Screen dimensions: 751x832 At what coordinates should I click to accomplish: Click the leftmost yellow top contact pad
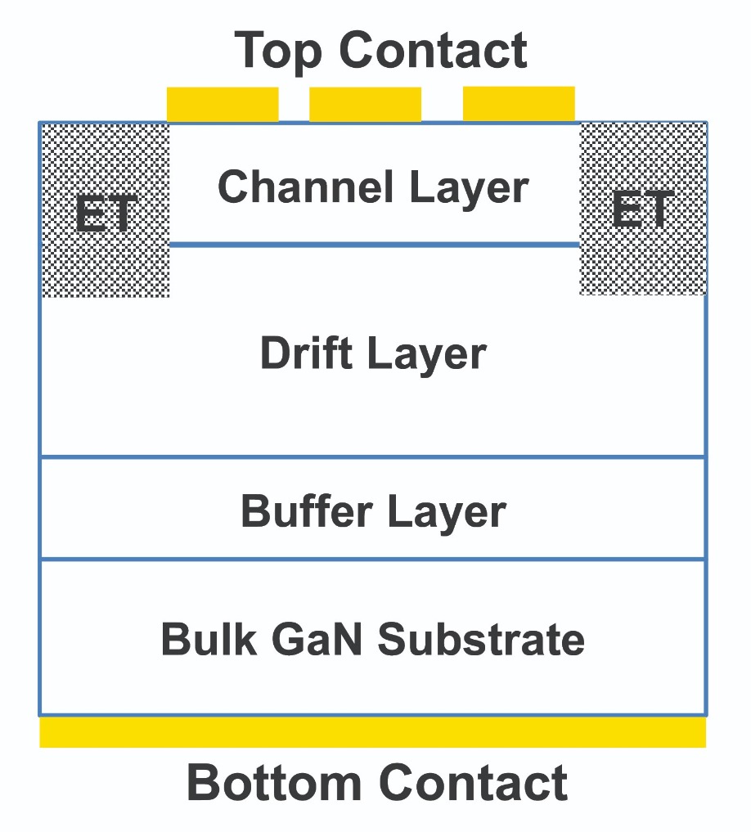223,105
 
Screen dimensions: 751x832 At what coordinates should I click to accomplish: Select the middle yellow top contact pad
365,105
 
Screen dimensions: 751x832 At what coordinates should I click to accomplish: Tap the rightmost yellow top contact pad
519,104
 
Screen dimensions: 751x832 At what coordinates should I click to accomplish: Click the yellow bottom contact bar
372,732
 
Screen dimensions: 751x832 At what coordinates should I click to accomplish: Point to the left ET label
106,214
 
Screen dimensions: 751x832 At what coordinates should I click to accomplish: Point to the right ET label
643,209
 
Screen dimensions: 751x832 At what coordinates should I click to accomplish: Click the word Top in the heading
278,52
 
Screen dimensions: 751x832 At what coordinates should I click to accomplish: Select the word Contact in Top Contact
433,50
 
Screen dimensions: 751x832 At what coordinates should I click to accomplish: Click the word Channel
306,187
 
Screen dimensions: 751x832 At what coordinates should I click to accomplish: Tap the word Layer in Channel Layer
470,189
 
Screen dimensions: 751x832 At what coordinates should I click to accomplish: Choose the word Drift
306,353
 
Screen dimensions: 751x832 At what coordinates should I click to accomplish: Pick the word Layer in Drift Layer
427,355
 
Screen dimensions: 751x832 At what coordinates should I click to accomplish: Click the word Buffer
307,510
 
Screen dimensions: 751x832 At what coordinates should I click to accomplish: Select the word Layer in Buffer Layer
447,513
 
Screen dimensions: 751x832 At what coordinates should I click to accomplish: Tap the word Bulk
209,638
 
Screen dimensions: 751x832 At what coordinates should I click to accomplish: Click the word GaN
317,638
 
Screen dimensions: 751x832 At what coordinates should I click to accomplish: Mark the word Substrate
481,638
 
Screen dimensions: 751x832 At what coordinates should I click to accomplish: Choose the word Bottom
274,782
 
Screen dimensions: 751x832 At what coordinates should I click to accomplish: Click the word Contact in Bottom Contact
473,782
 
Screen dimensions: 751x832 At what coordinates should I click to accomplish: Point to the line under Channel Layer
374,245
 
